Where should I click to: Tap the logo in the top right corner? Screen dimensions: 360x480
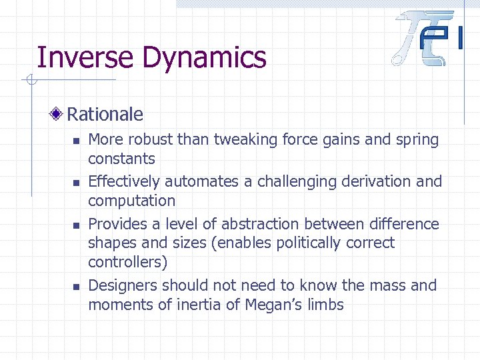427,38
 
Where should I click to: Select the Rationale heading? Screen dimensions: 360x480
105,114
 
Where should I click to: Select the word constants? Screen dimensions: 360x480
121,159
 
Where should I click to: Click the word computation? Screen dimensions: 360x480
131,201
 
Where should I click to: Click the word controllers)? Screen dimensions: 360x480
127,262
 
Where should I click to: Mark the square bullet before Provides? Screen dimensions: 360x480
76,225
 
